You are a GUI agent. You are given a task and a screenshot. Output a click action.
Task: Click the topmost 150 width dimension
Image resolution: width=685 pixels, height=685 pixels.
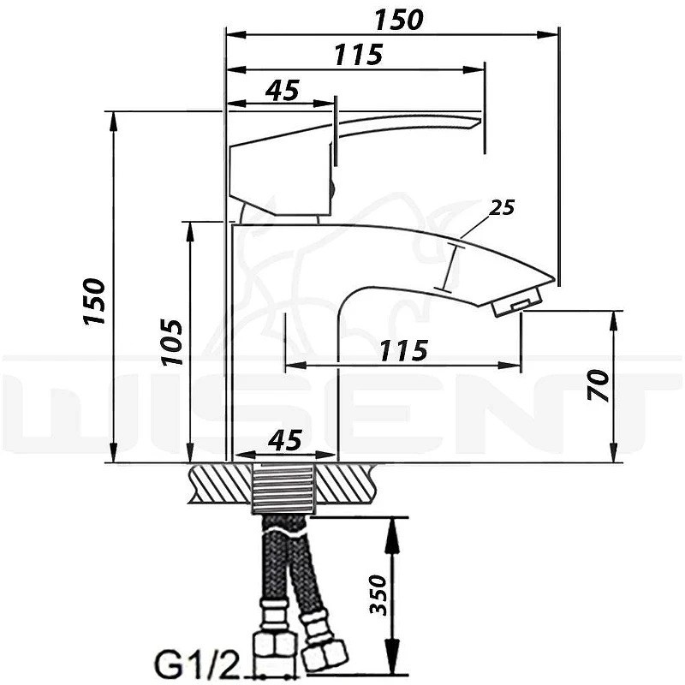[x=399, y=20]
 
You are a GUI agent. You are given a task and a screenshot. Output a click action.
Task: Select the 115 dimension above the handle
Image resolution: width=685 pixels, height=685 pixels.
[x=358, y=55]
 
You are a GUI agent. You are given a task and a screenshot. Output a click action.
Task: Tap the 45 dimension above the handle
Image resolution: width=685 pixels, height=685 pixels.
[x=283, y=91]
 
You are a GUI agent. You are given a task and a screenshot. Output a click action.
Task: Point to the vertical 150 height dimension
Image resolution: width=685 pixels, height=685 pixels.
[x=94, y=301]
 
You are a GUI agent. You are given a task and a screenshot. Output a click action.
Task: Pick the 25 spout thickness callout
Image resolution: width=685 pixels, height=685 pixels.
[x=502, y=207]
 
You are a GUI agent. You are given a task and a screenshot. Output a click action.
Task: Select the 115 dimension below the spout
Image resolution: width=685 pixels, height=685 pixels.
[x=403, y=351]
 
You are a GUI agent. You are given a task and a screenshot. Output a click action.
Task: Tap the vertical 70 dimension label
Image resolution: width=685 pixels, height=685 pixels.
[x=598, y=384]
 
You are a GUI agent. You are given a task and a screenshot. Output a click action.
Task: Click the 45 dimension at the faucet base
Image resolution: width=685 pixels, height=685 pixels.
[x=285, y=440]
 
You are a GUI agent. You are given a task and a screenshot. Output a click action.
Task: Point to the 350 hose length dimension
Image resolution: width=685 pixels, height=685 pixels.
[x=378, y=595]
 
